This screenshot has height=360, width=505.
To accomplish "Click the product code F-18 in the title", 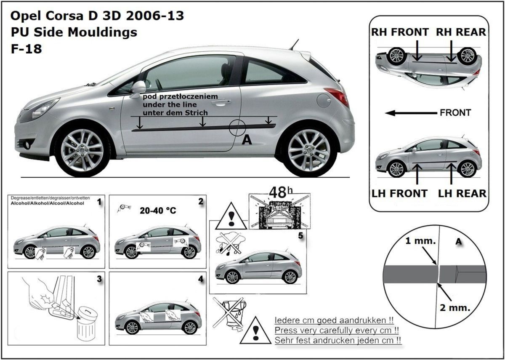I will tap(26, 48).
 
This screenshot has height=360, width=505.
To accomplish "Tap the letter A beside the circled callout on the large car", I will tap(247, 141).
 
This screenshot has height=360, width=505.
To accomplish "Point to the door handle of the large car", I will tap(221, 102).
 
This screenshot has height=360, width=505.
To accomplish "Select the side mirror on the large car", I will tap(138, 88).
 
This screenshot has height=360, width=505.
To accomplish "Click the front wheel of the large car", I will tap(82, 150).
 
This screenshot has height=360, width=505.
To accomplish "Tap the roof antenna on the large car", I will tap(294, 45).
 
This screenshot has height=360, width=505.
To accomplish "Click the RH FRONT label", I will tap(400, 32).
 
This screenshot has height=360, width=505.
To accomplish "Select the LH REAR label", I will tap(462, 193).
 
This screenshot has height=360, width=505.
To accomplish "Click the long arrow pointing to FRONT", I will tap(410, 113).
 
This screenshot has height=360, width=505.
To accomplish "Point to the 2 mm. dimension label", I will tap(454, 307).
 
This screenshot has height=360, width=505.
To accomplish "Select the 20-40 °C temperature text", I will tap(157, 211).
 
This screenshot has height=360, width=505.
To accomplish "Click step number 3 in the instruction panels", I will tap(99, 278).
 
